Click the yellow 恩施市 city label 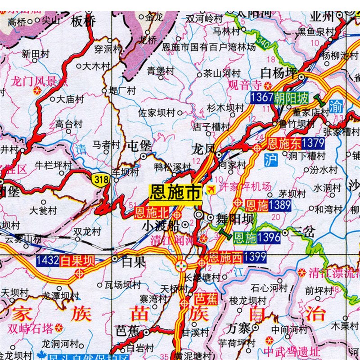coord(175,193)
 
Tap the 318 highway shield coord(101,179)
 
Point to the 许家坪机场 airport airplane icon coord(210,190)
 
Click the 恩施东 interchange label coord(283,144)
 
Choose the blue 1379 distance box coord(313,144)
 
